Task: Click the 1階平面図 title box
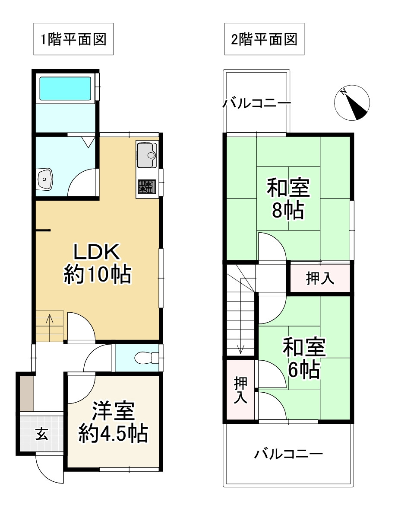pyautogui.click(x=73, y=39)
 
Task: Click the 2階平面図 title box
pyautogui.click(x=264, y=39)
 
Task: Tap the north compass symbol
pyautogui.click(x=352, y=103)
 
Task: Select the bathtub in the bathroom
pyautogui.click(x=65, y=89)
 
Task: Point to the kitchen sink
pyautogui.click(x=147, y=155)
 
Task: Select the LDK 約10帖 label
pyautogui.click(x=97, y=263)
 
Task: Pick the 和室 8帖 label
pyautogui.click(x=288, y=199)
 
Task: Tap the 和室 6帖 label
pyautogui.click(x=304, y=359)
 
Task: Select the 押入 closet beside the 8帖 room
pyautogui.click(x=320, y=278)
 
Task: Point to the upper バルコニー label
pyautogui.click(x=256, y=104)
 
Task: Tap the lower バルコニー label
pyautogui.click(x=288, y=454)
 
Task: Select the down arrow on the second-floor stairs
pyautogui.click(x=240, y=346)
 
